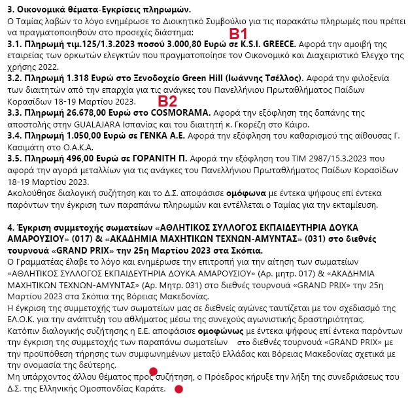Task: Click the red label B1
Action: coord(237,34)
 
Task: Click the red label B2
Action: coord(168,101)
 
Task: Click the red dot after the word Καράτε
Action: coord(178,389)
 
